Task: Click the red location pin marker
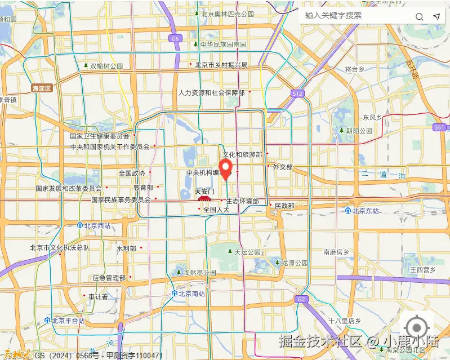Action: coord(226,168)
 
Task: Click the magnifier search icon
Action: coord(420,16)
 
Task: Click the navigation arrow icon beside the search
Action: coord(436,16)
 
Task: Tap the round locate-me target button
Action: coord(417,327)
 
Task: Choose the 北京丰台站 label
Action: coord(68,321)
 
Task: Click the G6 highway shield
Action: coord(175,39)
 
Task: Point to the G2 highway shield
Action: coord(302,299)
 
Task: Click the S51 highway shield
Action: coord(440,127)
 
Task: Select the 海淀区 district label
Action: coord(42,88)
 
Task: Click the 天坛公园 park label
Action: coord(247,252)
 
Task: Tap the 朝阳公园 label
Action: coord(359,131)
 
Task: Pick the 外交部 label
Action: coord(282,167)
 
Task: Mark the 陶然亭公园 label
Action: coord(199,273)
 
